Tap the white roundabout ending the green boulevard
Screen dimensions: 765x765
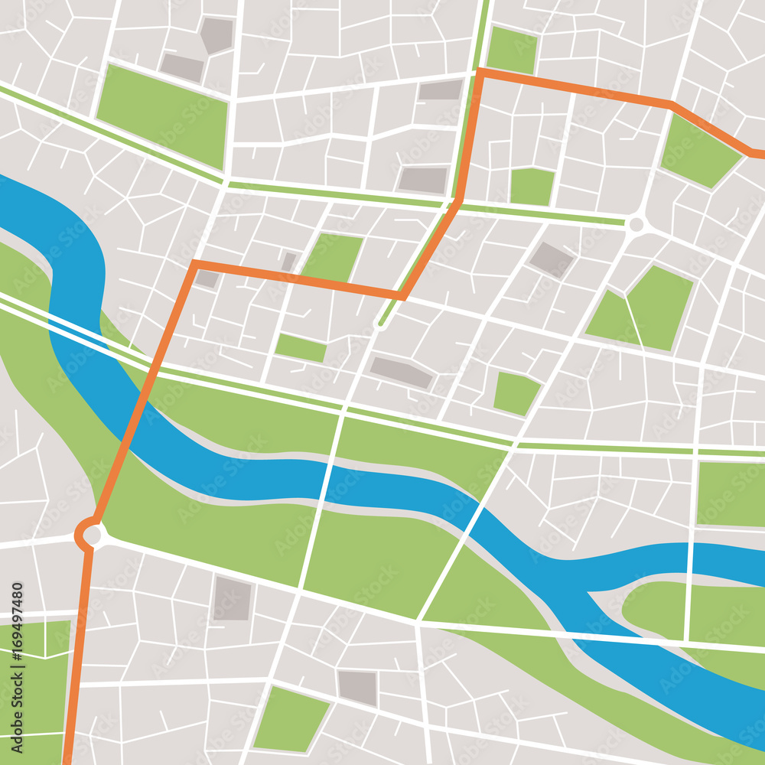[636, 225]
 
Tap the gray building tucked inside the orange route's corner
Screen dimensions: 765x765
[207, 278]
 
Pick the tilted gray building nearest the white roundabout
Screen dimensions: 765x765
[552, 259]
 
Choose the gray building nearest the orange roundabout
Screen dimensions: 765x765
[232, 598]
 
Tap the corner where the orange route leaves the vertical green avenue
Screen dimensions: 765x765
[480, 73]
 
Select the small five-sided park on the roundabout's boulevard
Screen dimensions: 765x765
[532, 187]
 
